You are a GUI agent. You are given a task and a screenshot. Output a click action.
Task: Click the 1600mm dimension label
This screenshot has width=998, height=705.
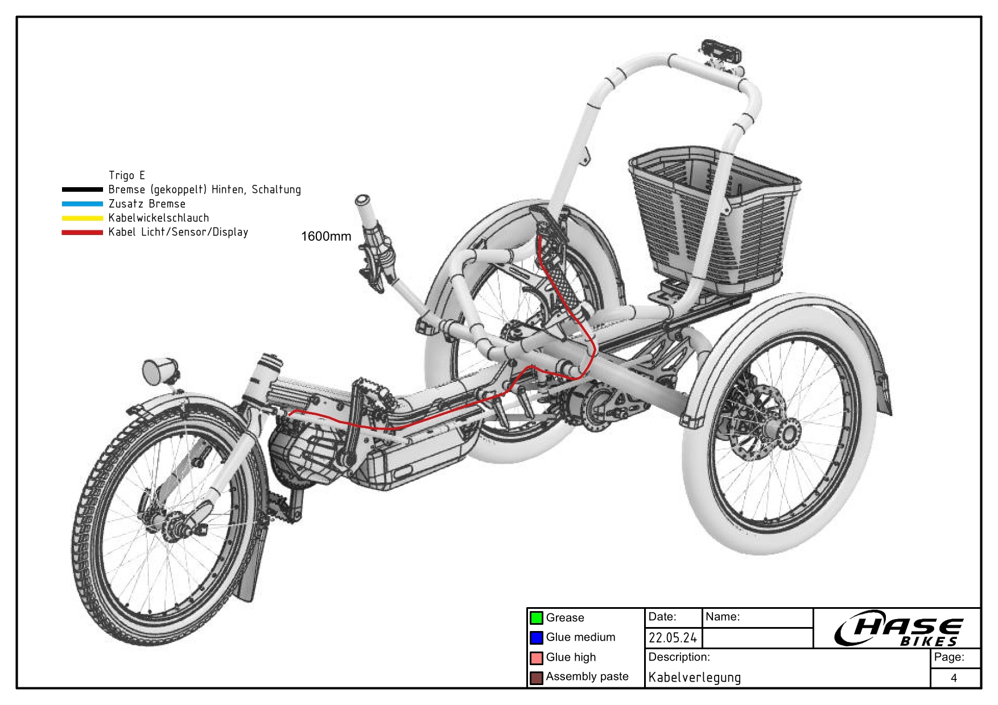coord(326,236)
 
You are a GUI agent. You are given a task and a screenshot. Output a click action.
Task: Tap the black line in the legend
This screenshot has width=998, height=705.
coord(83,189)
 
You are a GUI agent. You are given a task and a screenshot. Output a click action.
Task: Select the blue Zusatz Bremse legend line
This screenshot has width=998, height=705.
coord(83,204)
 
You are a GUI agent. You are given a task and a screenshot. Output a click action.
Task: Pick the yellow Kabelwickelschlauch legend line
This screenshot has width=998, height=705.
coord(83,218)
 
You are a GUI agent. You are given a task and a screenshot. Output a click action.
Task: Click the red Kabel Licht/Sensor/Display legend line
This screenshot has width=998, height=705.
coord(83,232)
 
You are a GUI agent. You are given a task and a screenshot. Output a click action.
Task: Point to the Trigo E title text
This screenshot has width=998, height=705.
coord(126,175)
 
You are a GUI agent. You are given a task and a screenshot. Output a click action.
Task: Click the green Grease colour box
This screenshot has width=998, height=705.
coord(536,618)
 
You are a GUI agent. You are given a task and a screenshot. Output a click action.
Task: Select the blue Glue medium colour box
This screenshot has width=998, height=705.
coord(536,637)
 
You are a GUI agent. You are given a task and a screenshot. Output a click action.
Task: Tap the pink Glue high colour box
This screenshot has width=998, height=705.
coord(536,658)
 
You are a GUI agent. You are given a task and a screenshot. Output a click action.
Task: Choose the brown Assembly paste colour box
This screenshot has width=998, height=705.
coord(536,678)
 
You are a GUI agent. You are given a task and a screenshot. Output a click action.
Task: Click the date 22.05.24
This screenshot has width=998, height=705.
coord(673,638)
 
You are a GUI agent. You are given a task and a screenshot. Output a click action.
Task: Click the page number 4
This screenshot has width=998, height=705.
coord(954,678)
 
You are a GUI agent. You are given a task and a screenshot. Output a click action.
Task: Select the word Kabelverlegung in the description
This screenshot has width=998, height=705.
coord(694,678)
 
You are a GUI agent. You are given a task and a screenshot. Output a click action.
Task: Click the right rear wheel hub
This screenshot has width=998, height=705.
coord(788,434)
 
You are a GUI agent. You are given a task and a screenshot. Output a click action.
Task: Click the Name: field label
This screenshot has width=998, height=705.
coord(723,617)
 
